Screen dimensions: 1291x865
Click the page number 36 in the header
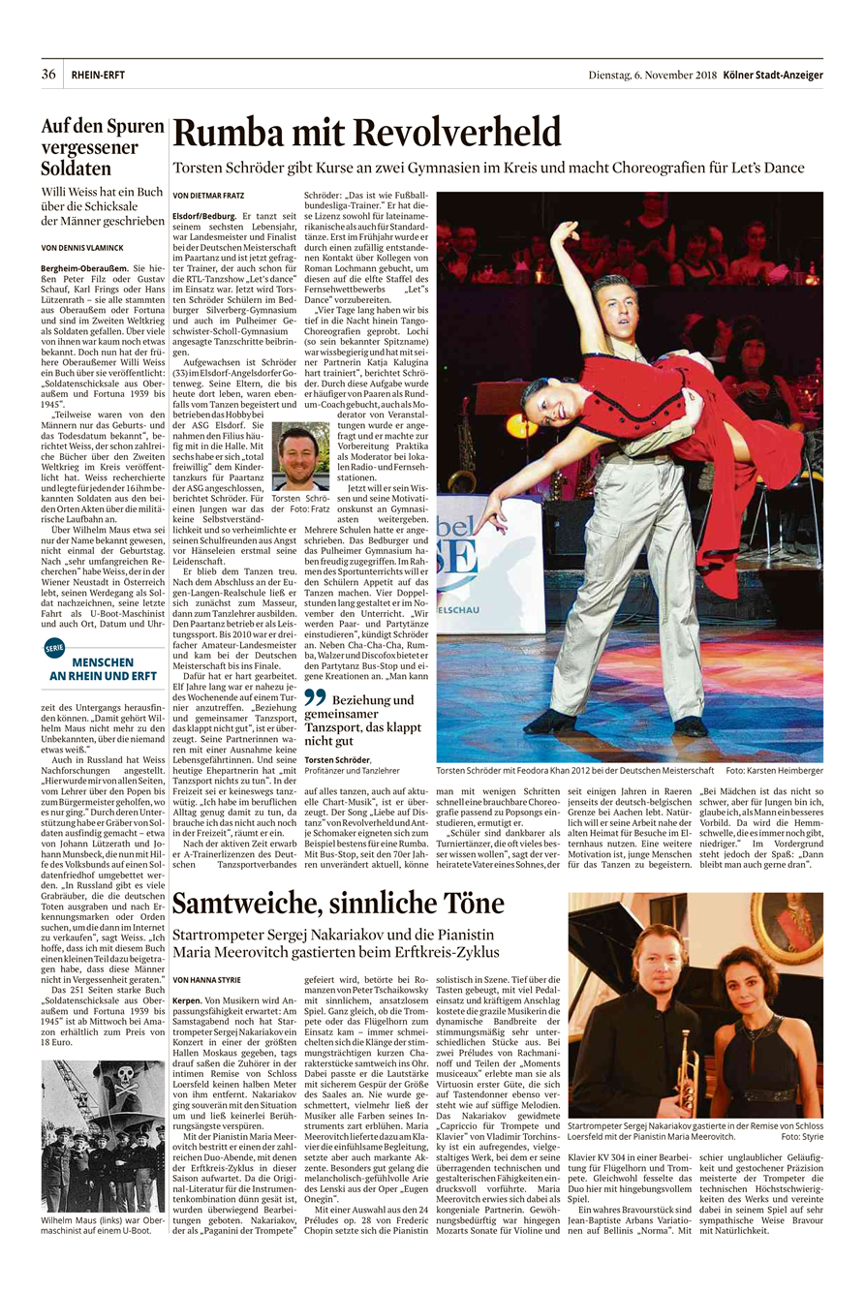pos(48,75)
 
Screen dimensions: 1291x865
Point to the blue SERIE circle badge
pos(54,649)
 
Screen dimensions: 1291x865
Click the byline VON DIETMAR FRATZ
pos(209,195)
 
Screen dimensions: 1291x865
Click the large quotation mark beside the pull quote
pos(315,669)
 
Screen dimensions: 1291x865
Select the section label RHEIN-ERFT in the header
pos(98,75)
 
